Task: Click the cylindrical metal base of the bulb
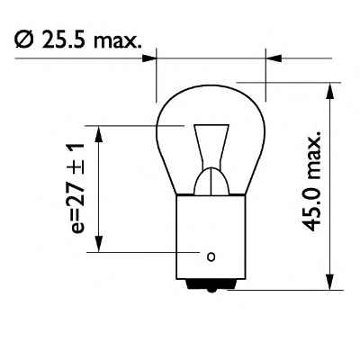tap(211, 234)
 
